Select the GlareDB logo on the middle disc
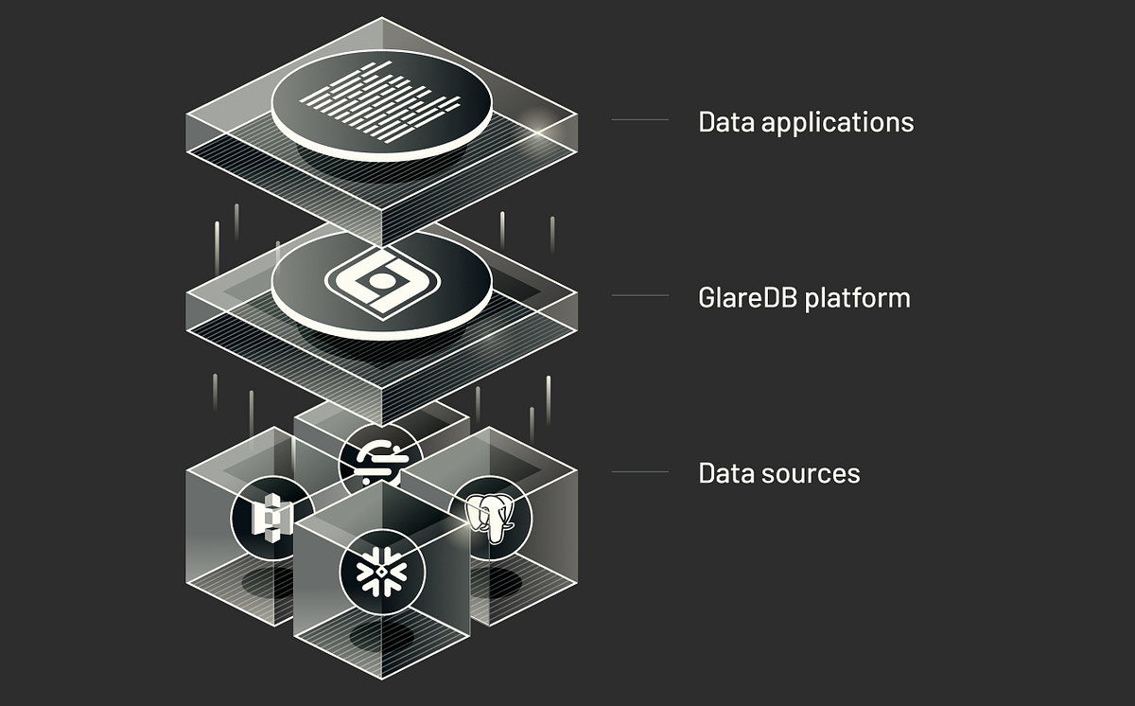click(381, 281)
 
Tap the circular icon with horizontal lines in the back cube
click(381, 461)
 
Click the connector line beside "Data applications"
click(640, 120)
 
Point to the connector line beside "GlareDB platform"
click(640, 296)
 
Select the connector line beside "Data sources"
click(640, 471)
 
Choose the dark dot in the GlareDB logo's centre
click(380, 281)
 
